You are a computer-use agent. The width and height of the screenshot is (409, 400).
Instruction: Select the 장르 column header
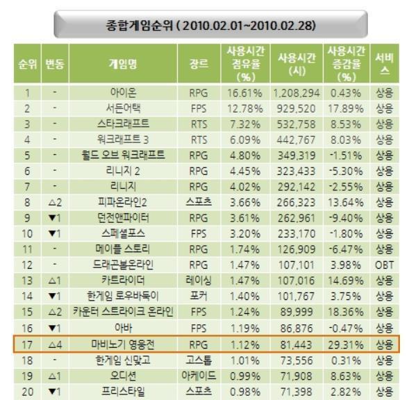click(198, 64)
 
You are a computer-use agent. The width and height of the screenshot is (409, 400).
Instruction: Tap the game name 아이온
click(123, 92)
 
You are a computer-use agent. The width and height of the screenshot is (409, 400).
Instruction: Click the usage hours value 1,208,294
click(297, 92)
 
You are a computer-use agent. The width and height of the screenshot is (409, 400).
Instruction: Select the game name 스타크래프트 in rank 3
click(123, 124)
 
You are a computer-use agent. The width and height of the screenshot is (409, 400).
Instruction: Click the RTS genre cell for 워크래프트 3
click(198, 140)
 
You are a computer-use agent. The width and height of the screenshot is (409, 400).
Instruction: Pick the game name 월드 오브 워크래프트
click(123, 155)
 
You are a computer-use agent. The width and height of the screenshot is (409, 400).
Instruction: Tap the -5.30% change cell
click(347, 171)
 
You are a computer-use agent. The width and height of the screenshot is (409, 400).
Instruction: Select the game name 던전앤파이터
click(123, 218)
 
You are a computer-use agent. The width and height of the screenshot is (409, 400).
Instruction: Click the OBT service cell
click(384, 265)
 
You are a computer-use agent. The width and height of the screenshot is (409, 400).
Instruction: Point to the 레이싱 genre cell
click(198, 281)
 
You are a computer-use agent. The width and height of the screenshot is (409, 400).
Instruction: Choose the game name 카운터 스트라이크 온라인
click(123, 312)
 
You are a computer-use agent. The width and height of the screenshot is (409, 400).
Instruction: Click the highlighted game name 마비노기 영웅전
click(123, 344)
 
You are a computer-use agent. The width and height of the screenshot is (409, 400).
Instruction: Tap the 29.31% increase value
click(347, 344)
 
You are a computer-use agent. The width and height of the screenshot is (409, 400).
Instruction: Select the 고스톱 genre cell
click(198, 360)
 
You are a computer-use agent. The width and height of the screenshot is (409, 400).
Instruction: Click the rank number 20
click(27, 391)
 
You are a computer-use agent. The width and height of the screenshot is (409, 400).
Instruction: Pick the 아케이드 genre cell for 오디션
click(198, 376)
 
